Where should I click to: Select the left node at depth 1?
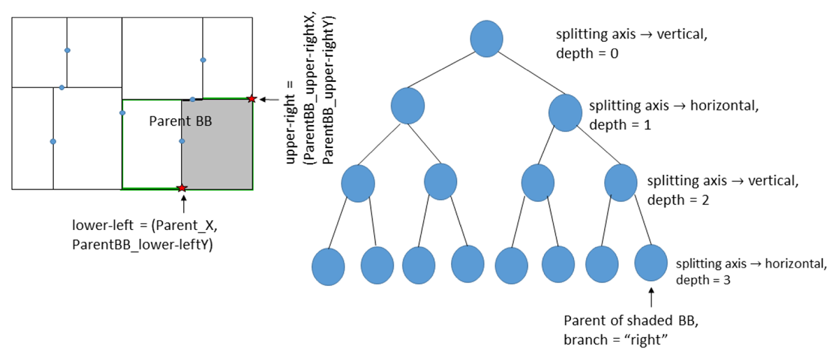[x=408, y=106]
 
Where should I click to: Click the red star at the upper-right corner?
[x=252, y=99]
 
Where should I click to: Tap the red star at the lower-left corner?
[x=182, y=188]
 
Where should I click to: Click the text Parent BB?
[x=180, y=121]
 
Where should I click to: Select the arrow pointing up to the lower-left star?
[x=182, y=203]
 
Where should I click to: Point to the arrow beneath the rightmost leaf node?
[x=652, y=296]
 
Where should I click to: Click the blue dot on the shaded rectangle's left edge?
[x=182, y=141]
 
